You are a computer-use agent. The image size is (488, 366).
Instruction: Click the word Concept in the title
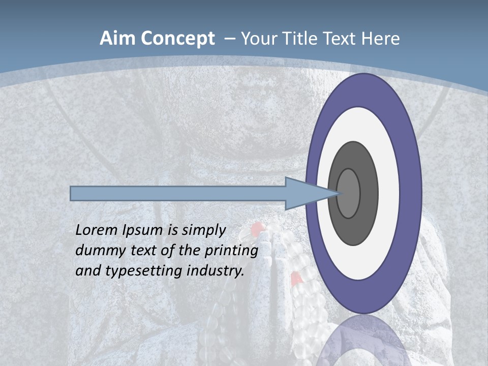pyautogui.click(x=177, y=39)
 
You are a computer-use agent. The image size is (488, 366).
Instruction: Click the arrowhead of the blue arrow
pyautogui.click(x=305, y=193)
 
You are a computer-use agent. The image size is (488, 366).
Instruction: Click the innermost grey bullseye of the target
pyautogui.click(x=348, y=193)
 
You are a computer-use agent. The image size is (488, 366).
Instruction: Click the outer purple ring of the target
pyautogui.click(x=411, y=193)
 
